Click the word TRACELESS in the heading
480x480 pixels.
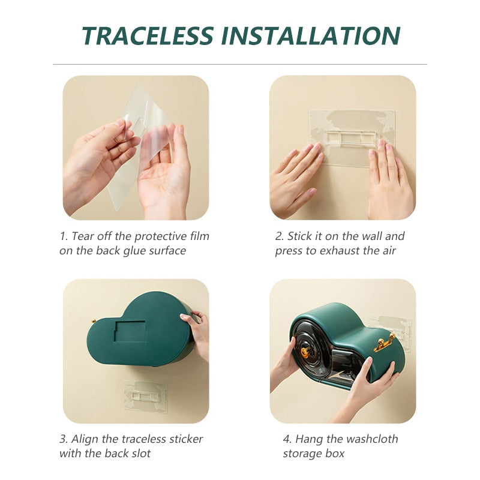(x=148, y=35)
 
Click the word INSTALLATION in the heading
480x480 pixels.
(x=311, y=35)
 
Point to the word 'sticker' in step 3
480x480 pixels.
(x=185, y=439)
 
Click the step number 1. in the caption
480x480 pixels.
(x=64, y=236)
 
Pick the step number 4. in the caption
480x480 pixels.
(x=287, y=439)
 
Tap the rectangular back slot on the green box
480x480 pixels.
(x=130, y=332)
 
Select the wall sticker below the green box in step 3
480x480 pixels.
(x=146, y=396)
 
